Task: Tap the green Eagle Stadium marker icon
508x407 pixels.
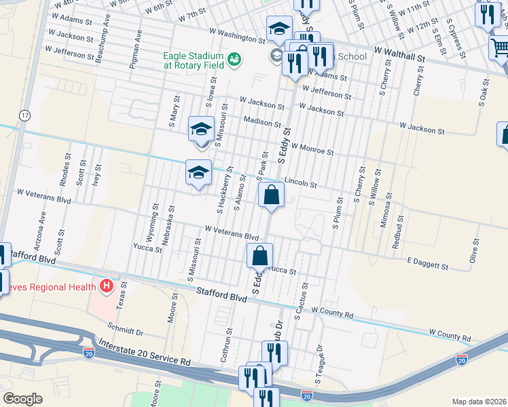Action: [234, 59]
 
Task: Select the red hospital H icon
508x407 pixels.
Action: [106, 286]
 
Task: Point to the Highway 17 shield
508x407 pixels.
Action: [25, 115]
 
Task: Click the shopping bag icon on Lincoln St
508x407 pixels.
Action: [271, 195]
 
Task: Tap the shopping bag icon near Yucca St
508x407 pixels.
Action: [259, 257]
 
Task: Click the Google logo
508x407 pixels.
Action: [23, 399]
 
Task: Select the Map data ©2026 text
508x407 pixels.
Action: [479, 402]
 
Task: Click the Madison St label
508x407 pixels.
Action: [261, 123]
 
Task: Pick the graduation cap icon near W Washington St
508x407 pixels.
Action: [278, 29]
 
